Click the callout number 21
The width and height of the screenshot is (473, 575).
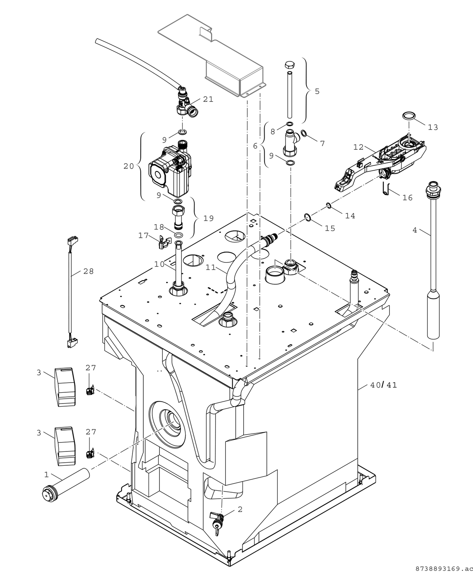[x=208, y=99]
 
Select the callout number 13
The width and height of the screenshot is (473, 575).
[x=433, y=127]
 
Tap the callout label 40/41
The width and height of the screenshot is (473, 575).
[x=384, y=385]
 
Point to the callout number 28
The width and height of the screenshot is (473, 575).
[x=88, y=271]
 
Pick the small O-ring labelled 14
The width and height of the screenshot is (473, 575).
[x=329, y=205]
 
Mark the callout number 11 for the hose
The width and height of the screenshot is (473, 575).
[x=211, y=268]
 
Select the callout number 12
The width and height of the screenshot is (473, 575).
[x=358, y=147]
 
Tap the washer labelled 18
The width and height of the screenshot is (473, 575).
[x=179, y=235]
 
